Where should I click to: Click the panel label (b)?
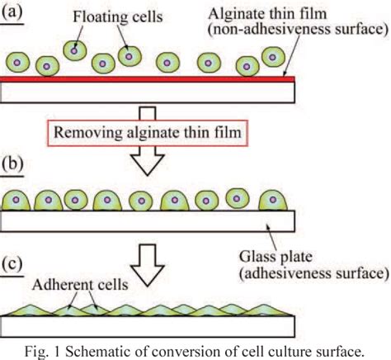point(15,163)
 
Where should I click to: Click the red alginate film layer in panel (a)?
point(148,79)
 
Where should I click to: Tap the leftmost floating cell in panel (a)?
point(19,63)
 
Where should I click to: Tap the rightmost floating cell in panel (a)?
point(271,56)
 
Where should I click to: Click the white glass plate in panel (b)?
point(148,219)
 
